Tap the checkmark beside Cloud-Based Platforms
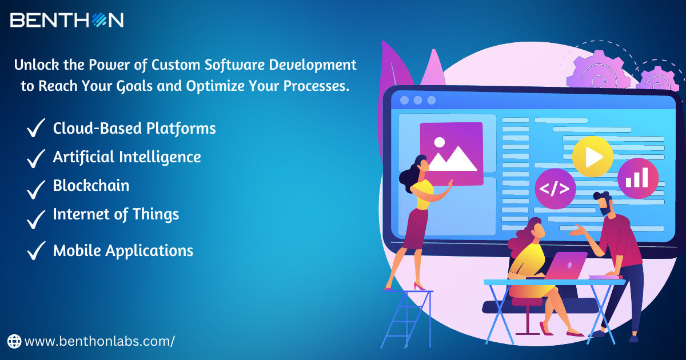(x=36, y=129)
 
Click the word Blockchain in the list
(x=91, y=186)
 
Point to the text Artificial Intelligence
(x=127, y=157)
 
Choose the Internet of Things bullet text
(x=116, y=214)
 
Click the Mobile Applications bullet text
(x=123, y=250)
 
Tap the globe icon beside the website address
(x=14, y=342)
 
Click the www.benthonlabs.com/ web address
(x=99, y=342)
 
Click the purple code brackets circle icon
(x=555, y=189)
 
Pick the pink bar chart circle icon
(x=637, y=178)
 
